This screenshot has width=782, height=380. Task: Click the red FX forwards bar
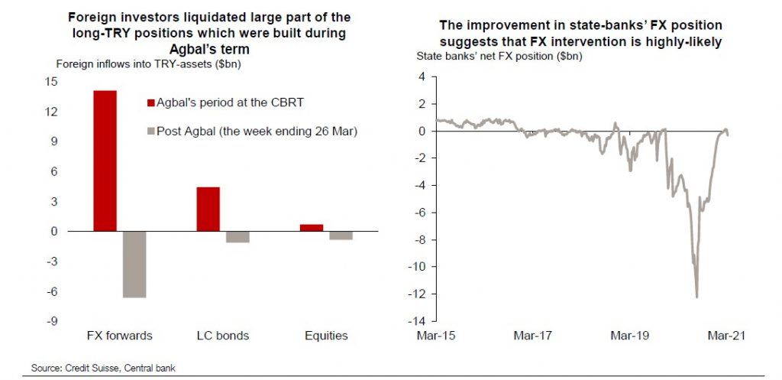[x=105, y=161]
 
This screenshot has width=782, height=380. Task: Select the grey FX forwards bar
[x=134, y=264]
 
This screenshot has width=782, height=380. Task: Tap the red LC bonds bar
[x=208, y=209]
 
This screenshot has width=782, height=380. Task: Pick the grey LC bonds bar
[x=238, y=237]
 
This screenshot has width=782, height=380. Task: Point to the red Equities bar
[x=311, y=227]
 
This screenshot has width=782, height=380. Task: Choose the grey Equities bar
[x=341, y=235]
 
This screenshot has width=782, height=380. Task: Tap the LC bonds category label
[x=223, y=336]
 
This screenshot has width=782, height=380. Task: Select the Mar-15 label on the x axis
[x=436, y=336]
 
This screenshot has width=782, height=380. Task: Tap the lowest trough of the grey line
[x=696, y=297]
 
